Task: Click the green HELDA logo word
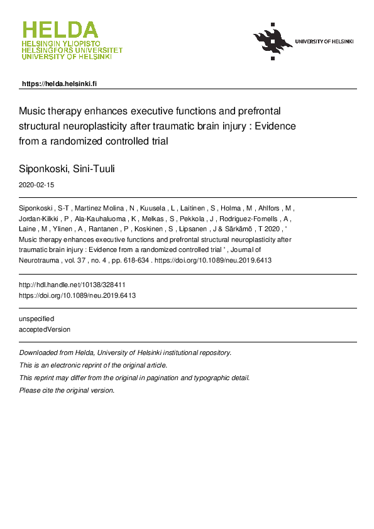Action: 60,30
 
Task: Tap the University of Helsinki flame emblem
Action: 273,41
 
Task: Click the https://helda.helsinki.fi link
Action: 59,84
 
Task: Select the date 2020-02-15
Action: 38,185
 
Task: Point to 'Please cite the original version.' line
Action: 67,390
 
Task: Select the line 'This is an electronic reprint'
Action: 94,365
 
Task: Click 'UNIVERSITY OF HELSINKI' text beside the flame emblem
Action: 324,41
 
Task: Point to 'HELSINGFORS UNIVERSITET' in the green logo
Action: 72,50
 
